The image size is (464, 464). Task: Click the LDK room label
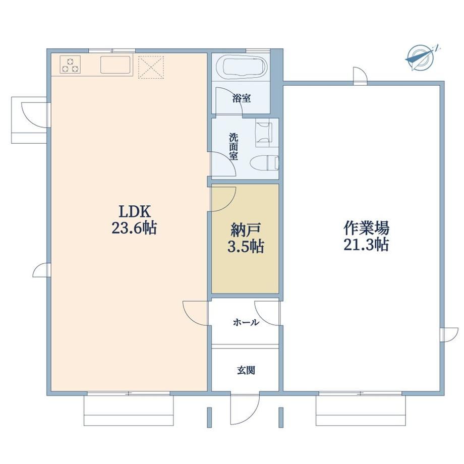pyautogui.click(x=135, y=212)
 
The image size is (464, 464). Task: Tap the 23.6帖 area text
pyautogui.click(x=134, y=228)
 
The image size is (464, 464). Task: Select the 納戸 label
pyautogui.click(x=245, y=230)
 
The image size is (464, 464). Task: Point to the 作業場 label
pyautogui.click(x=366, y=228)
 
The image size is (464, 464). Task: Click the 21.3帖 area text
pyautogui.click(x=366, y=245)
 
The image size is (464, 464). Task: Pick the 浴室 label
pyautogui.click(x=242, y=98)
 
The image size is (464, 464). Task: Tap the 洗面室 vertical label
pyautogui.click(x=234, y=147)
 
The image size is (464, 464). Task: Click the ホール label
pyautogui.click(x=246, y=322)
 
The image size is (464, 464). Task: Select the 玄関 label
pyautogui.click(x=246, y=371)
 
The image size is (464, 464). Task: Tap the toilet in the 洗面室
pyautogui.click(x=264, y=163)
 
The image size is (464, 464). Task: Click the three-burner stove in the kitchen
pyautogui.click(x=70, y=65)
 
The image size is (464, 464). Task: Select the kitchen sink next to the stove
pyautogui.click(x=115, y=65)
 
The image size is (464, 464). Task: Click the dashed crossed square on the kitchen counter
pyautogui.click(x=151, y=67)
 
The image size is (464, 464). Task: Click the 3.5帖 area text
pyautogui.click(x=245, y=247)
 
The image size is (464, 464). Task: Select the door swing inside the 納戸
pyautogui.click(x=223, y=199)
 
